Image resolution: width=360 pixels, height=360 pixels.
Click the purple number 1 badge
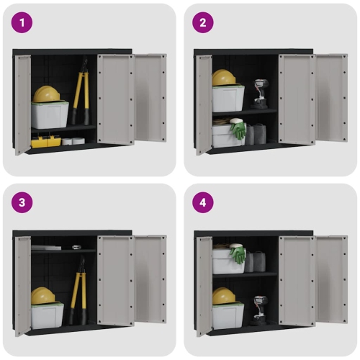pos(22,22)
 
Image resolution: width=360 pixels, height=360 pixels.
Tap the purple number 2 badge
pos(203,22)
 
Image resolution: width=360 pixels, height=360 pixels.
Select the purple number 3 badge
pos(22,202)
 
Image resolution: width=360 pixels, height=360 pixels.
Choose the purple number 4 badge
pos(203,202)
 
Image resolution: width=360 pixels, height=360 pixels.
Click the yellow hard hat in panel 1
pos(47,94)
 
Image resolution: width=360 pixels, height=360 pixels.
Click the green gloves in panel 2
pos(238,130)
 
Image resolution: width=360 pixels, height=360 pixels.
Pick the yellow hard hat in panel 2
pos(225,77)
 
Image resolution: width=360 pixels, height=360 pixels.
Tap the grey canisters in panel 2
pos(256,134)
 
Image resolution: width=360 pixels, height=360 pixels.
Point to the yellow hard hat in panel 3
pos(43,295)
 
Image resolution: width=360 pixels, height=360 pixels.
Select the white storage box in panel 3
pos(48,314)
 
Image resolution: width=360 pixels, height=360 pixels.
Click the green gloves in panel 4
pos(238,255)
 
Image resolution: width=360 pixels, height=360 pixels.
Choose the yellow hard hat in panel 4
pos(224,295)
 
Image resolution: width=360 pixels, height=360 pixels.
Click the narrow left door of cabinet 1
pos(23,104)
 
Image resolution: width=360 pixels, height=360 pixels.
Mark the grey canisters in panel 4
pos(256,261)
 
